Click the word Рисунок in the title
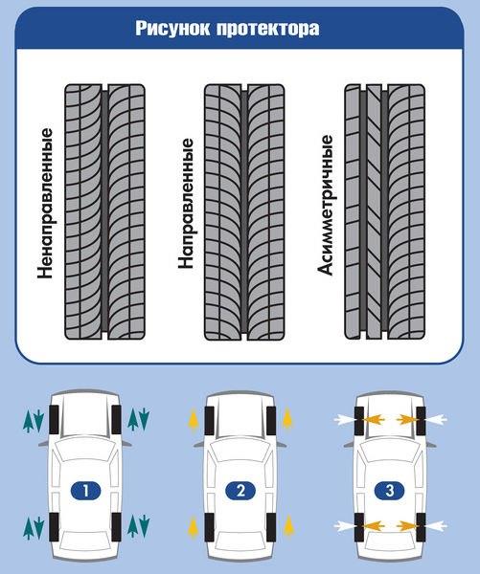172,29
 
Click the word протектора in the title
267,30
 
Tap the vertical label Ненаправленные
45,204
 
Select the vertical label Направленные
186,204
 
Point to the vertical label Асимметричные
325,205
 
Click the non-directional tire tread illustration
104,212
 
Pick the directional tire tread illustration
244,212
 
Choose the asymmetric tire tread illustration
384,212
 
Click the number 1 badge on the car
85,490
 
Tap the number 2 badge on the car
240,490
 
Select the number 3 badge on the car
390,490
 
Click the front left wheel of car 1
54,420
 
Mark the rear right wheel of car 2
271,527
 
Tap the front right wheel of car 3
421,421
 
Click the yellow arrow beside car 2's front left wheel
194,420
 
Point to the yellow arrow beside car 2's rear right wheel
289,526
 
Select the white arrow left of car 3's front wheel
344,420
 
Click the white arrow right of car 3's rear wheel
436,526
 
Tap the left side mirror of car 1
44,443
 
